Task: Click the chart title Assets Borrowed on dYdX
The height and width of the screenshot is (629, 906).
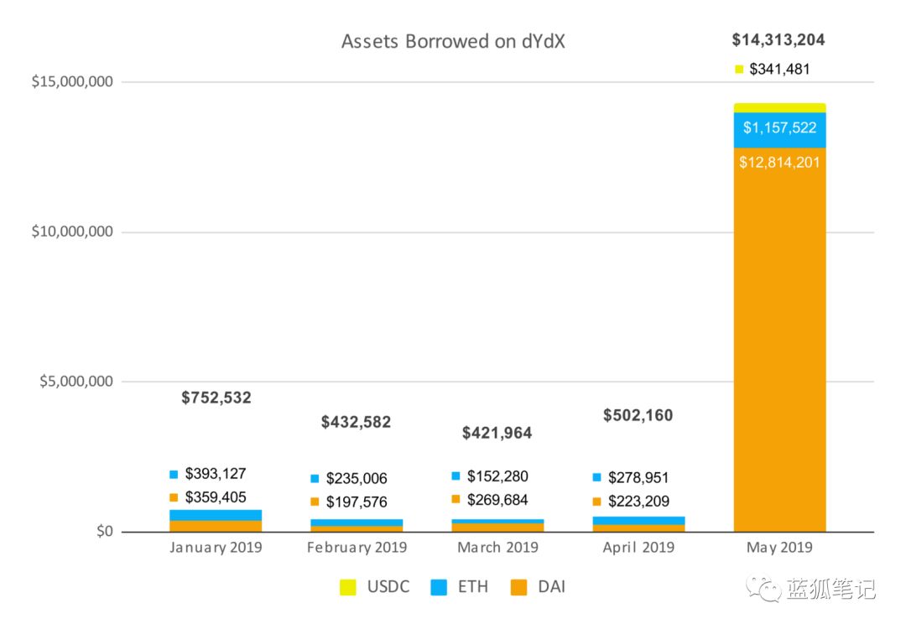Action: [x=453, y=42]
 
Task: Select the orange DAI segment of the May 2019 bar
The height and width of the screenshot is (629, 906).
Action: [x=779, y=340]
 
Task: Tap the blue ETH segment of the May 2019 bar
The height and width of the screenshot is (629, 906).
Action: [x=779, y=130]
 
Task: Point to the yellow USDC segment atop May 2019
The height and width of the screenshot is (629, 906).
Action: [x=779, y=108]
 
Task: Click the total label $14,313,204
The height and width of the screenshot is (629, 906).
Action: [x=778, y=40]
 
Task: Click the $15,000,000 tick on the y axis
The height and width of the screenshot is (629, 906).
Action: [x=72, y=81]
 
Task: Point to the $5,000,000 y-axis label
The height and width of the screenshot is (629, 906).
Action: [x=76, y=382]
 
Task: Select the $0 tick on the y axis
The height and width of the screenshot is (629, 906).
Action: [x=105, y=531]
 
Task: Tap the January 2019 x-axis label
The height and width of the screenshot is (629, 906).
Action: [x=216, y=547]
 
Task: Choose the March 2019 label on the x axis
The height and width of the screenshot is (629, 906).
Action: [x=497, y=547]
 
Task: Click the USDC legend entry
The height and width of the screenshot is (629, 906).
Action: [x=374, y=587]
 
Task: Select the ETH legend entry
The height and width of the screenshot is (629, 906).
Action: [x=460, y=587]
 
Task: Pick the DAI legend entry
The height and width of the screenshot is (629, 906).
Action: [x=538, y=587]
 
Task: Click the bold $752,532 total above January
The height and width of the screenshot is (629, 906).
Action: [x=216, y=398]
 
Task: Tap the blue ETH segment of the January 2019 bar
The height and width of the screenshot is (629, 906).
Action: [x=216, y=515]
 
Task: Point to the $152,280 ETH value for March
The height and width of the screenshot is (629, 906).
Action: [x=497, y=476]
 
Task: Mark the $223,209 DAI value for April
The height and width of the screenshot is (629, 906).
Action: [x=638, y=502]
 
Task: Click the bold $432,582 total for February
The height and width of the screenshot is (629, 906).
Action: [x=356, y=422]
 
